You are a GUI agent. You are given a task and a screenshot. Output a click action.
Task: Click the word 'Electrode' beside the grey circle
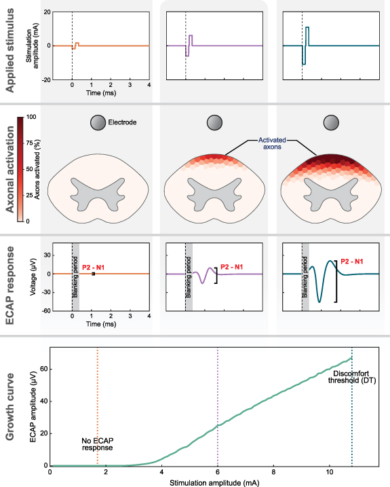coord(123,123)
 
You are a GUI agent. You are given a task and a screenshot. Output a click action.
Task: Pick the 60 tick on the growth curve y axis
coord(43,368)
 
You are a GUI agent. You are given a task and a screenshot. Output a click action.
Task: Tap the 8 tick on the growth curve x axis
coord(273,472)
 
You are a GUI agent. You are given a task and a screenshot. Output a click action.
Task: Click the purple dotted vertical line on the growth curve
coord(218,408)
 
